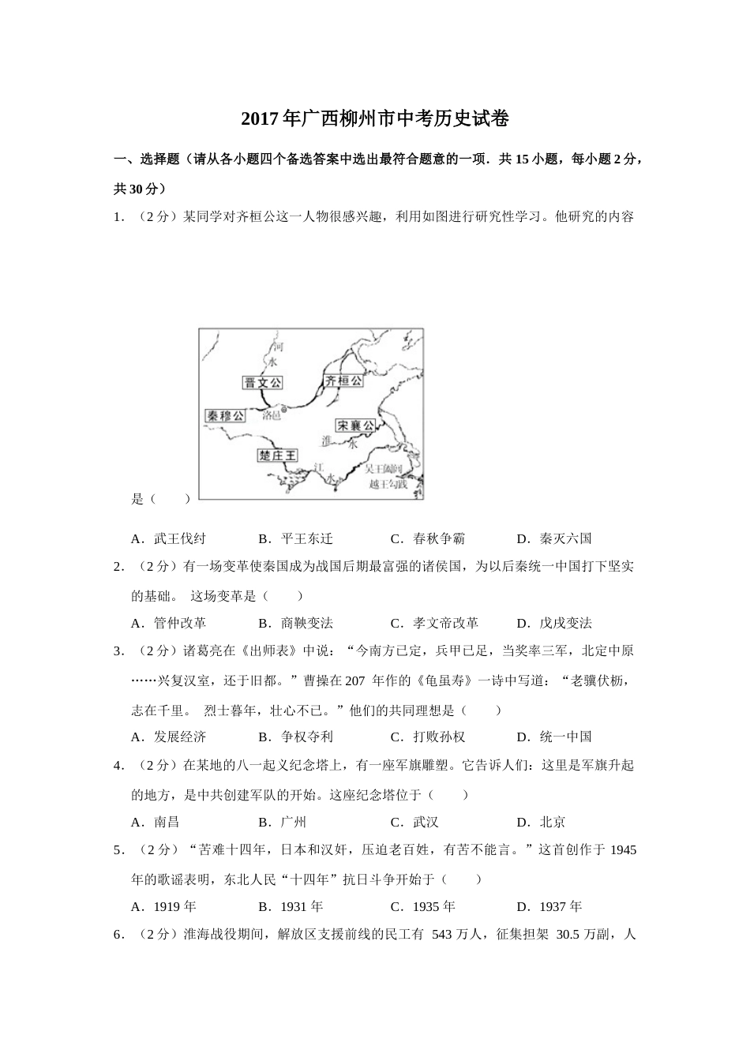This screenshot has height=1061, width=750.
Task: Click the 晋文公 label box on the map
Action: (263, 383)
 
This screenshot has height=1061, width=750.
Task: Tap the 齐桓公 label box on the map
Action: (344, 381)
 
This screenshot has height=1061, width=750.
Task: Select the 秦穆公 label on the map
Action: (224, 415)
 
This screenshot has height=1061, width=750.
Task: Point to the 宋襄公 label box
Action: (354, 426)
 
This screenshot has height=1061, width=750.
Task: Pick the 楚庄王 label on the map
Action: (278, 456)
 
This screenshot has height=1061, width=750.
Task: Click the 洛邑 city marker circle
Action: (284, 410)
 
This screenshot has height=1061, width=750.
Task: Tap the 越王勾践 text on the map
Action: (388, 484)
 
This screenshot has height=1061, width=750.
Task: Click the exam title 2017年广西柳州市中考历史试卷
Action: (374, 119)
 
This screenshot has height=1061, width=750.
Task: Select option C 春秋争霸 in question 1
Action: (428, 538)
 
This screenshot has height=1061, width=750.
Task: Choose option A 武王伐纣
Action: (169, 538)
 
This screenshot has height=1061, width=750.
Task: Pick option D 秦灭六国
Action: (554, 538)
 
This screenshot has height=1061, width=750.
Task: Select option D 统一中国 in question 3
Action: (554, 737)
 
